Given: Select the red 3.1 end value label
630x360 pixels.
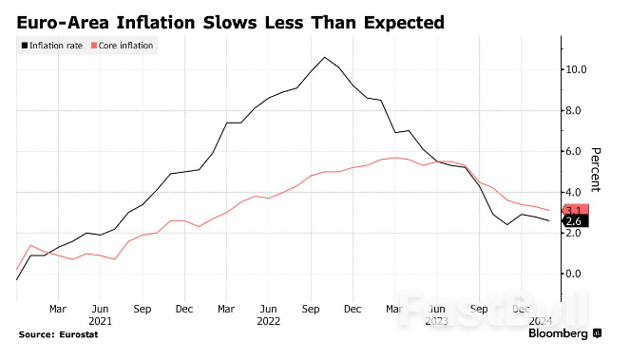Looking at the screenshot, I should (574, 210).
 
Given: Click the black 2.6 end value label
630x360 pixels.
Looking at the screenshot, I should (574, 221).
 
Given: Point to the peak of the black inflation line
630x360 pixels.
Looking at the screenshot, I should (325, 57).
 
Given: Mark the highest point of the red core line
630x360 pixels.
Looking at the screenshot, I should (394, 158).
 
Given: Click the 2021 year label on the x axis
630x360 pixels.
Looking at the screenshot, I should (100, 321).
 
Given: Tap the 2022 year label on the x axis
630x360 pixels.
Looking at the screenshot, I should (269, 321).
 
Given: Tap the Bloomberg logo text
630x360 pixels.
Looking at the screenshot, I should (559, 334).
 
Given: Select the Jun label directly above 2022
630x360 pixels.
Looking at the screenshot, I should (269, 309).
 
